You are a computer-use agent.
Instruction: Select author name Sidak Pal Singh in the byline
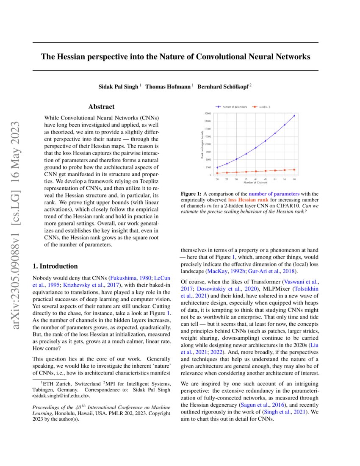(119, 86)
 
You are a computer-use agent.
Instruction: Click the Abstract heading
(101, 107)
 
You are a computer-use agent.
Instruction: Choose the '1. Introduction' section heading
(55, 266)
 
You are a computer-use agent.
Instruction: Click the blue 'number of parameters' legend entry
(233, 106)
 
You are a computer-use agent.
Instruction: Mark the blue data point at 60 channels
(294, 115)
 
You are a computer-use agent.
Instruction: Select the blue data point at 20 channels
(217, 167)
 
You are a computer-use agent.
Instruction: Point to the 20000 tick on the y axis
(208, 114)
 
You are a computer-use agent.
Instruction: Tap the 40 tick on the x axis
(256, 180)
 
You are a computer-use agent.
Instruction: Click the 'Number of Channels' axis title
(255, 183)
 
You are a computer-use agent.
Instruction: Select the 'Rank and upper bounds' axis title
(202, 144)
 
